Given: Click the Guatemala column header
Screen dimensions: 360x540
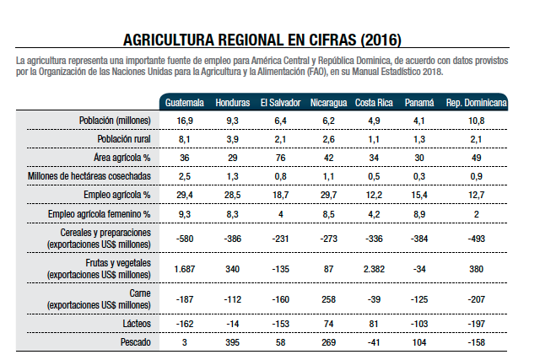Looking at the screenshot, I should (x=184, y=102).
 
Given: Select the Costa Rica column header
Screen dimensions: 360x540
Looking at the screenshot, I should (x=373, y=102).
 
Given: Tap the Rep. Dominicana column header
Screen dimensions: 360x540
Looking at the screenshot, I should (x=477, y=102).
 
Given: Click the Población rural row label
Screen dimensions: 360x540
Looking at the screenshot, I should (x=124, y=139).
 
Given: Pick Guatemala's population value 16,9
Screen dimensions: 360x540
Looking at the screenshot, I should (x=184, y=121).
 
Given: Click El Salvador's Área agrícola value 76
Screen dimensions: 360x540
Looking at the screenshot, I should (x=280, y=158).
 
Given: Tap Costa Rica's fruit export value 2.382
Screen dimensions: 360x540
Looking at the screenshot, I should (x=373, y=268).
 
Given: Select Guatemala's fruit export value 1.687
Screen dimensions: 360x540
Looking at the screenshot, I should (x=184, y=268).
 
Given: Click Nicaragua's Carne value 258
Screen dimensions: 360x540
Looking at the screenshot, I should (x=327, y=298).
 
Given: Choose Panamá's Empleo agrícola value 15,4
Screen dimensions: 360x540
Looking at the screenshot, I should (x=419, y=195).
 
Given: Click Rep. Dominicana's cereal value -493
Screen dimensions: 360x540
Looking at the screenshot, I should (x=477, y=238).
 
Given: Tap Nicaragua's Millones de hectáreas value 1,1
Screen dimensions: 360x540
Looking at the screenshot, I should (x=327, y=176).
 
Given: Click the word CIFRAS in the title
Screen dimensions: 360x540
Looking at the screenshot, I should (x=323, y=40).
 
